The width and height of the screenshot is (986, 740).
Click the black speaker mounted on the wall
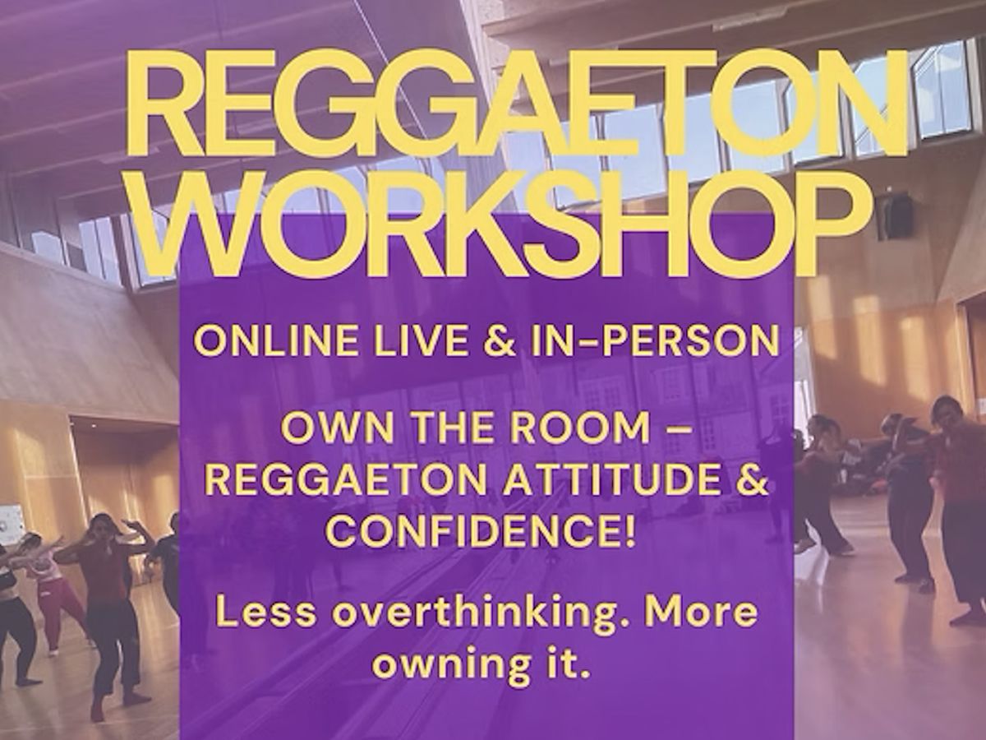[x=894, y=215]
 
